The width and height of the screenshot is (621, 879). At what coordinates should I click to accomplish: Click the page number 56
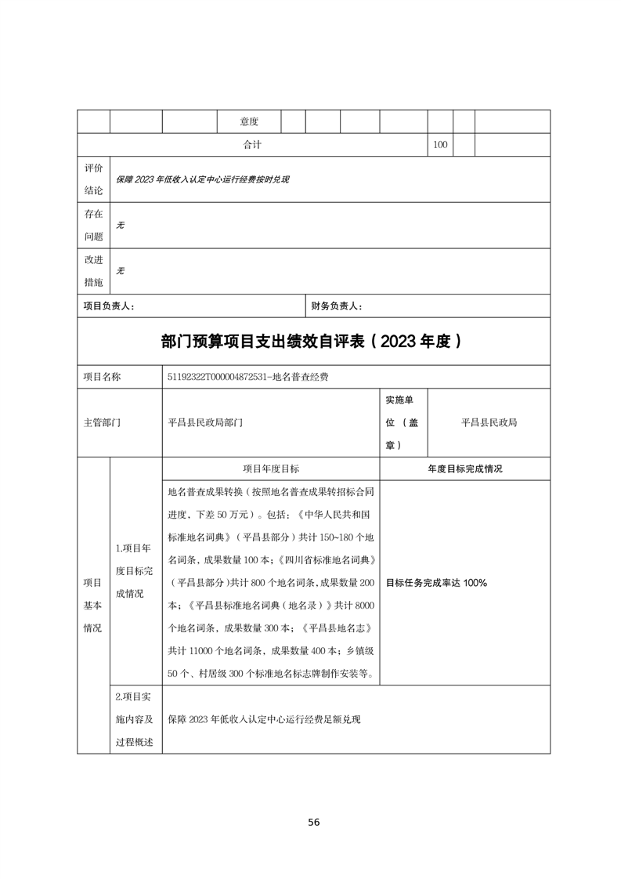coord(313,822)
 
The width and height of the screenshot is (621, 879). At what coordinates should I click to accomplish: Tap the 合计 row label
coord(251,145)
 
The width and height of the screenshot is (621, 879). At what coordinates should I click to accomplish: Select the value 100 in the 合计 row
coord(439,145)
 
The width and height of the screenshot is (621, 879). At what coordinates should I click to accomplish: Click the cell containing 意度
coord(249,121)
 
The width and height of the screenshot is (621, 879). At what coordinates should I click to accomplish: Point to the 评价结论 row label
coord(93,179)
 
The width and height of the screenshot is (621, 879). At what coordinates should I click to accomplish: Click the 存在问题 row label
coord(93,225)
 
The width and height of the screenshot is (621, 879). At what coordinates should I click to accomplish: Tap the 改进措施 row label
coord(93,271)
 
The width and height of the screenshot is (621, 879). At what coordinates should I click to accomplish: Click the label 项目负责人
coord(109,306)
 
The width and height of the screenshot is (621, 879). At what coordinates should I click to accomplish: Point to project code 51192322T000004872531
coord(216,377)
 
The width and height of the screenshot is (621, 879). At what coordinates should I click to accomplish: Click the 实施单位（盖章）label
coord(403,422)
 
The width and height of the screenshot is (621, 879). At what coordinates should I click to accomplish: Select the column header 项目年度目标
coord(270,468)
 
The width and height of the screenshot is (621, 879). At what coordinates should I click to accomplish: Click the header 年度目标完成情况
coord(464,468)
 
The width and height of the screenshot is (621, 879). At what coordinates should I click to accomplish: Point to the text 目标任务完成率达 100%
coord(437,583)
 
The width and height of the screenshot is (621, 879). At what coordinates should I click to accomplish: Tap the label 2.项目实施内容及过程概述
coord(135,719)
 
